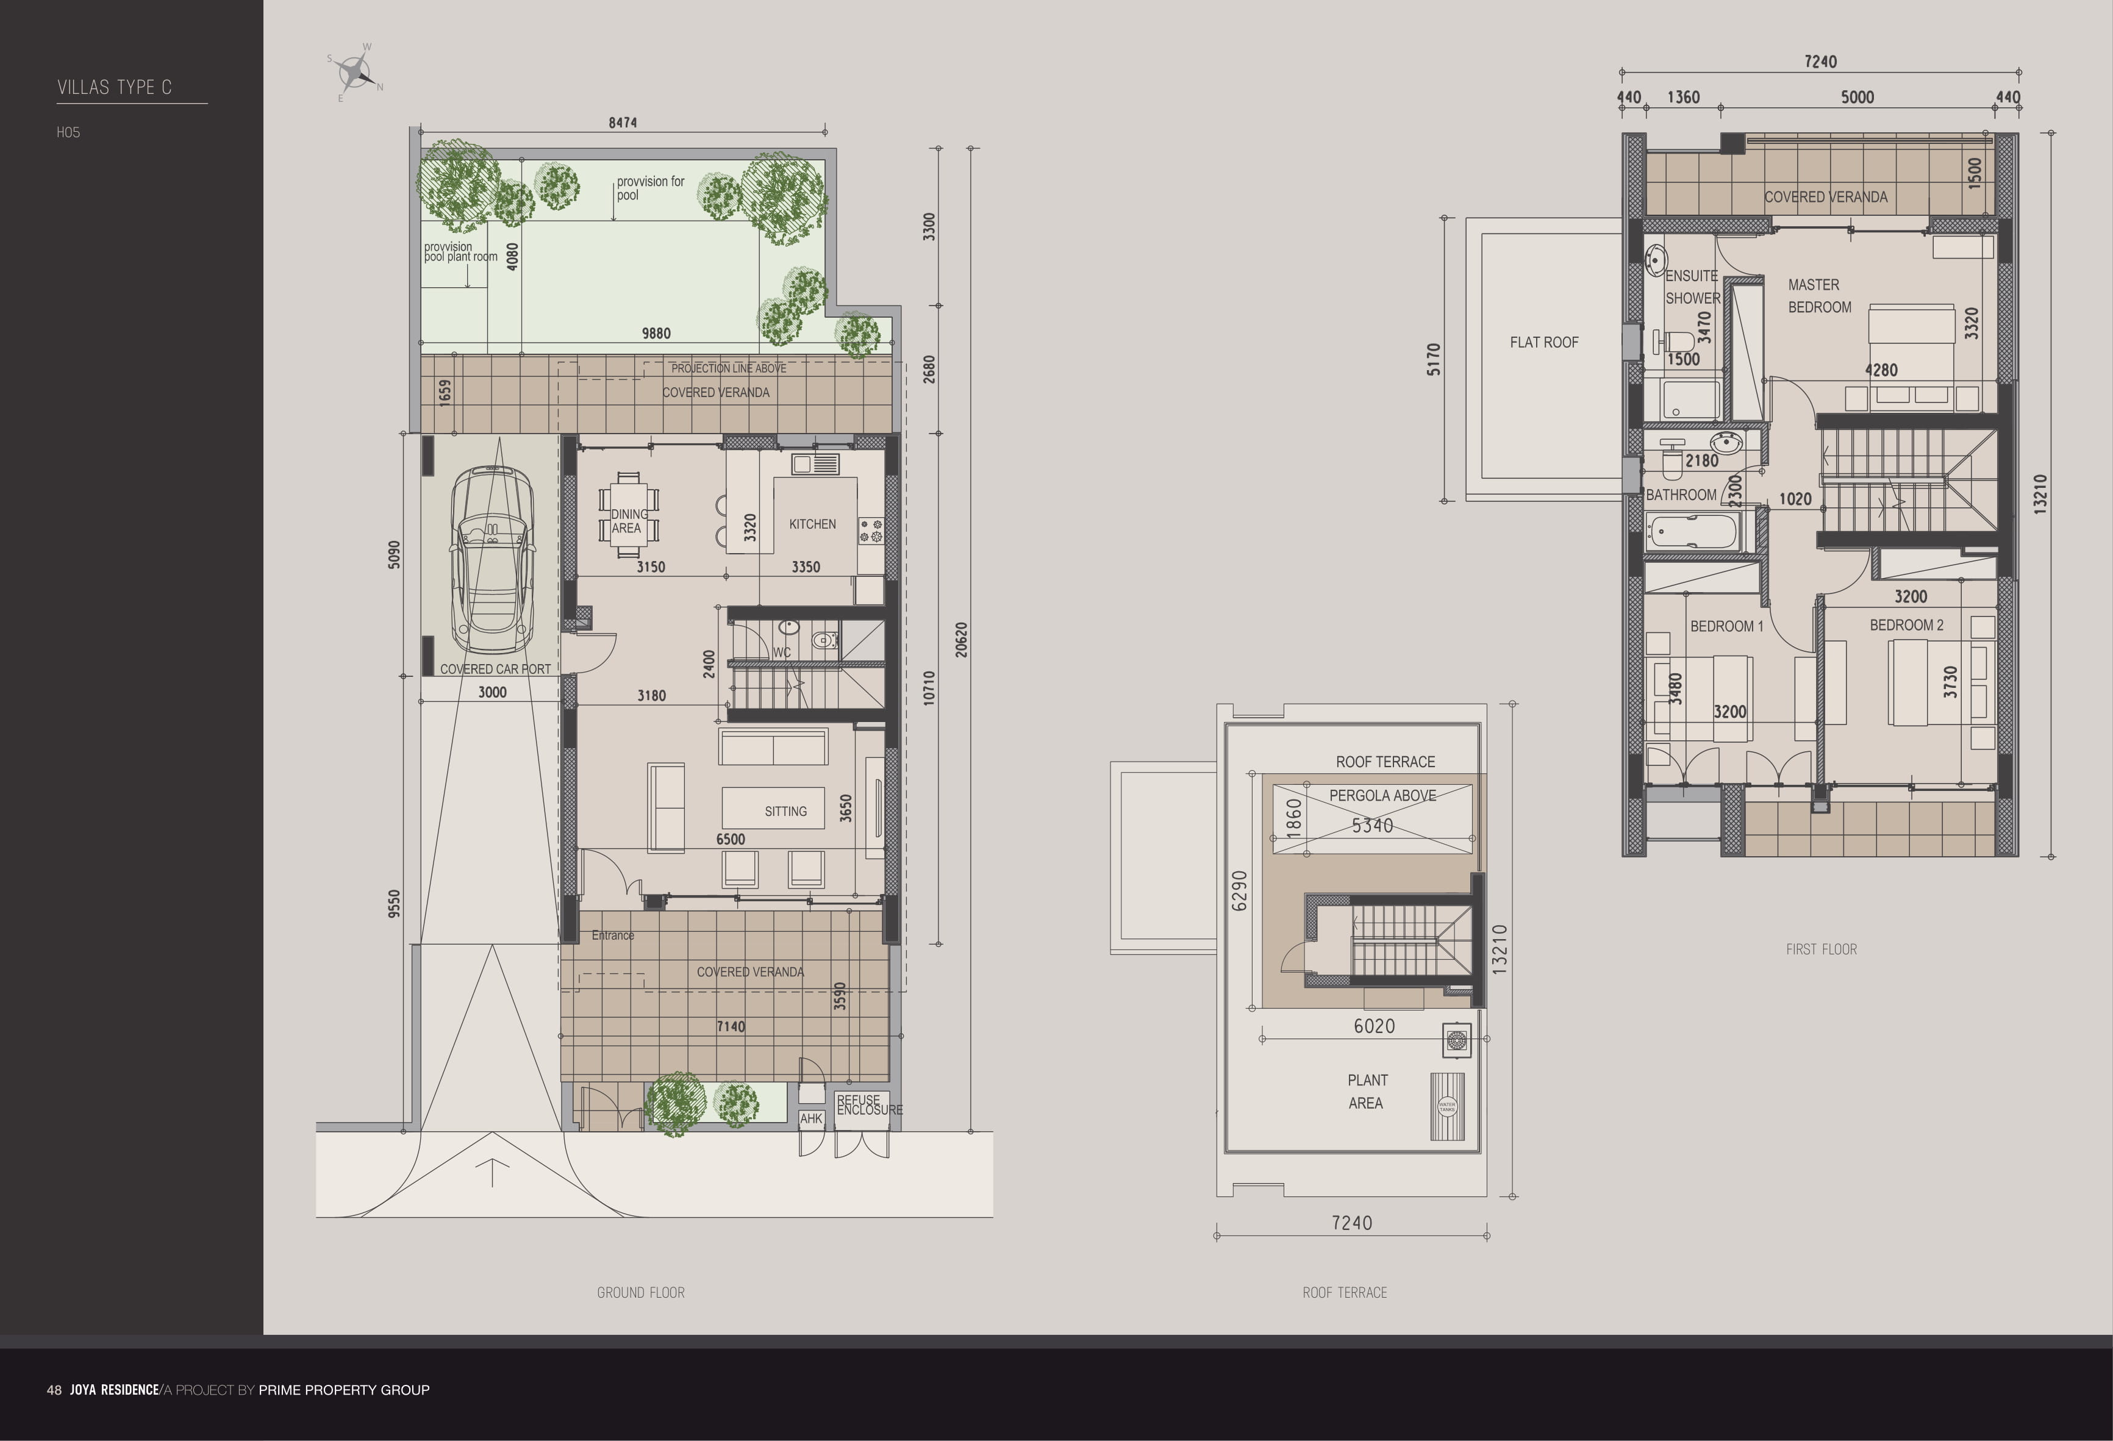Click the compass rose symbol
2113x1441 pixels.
pos(354,71)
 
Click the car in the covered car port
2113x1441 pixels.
pos(492,559)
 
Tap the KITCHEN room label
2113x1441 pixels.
pos(812,524)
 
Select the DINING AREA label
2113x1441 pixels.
pos(628,521)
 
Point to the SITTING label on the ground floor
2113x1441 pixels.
pos(785,811)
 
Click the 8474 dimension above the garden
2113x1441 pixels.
pos(622,123)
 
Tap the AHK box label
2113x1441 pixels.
pos(811,1119)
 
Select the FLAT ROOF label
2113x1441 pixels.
pos(1544,343)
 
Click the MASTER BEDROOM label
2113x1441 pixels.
pos(1818,296)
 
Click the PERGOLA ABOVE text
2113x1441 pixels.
pos(1382,795)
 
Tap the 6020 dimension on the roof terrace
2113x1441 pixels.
pos(1374,1026)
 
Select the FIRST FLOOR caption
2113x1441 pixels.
pos(1820,949)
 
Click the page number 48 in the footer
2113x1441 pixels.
pos(54,1390)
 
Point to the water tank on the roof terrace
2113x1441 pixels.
pos(1446,1106)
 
